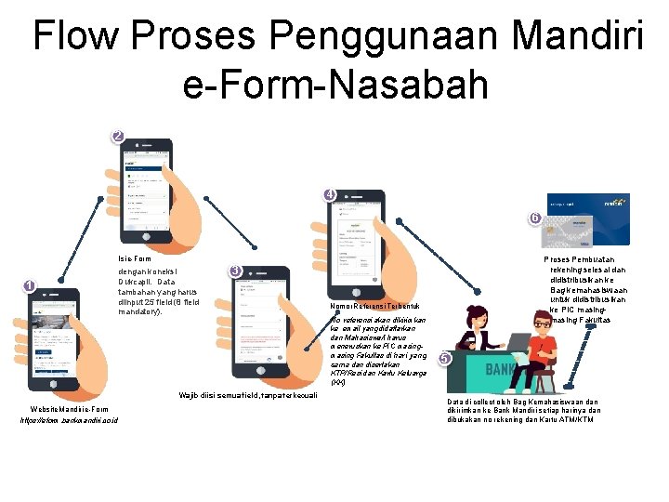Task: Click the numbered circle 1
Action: [29, 286]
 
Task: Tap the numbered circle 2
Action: [117, 137]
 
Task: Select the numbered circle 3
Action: [236, 271]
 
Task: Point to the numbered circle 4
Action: [330, 195]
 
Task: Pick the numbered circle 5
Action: [444, 359]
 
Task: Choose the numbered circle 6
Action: [534, 218]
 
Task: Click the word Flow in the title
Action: [77, 36]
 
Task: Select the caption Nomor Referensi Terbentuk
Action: [375, 306]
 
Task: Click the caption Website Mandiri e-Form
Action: [69, 409]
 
